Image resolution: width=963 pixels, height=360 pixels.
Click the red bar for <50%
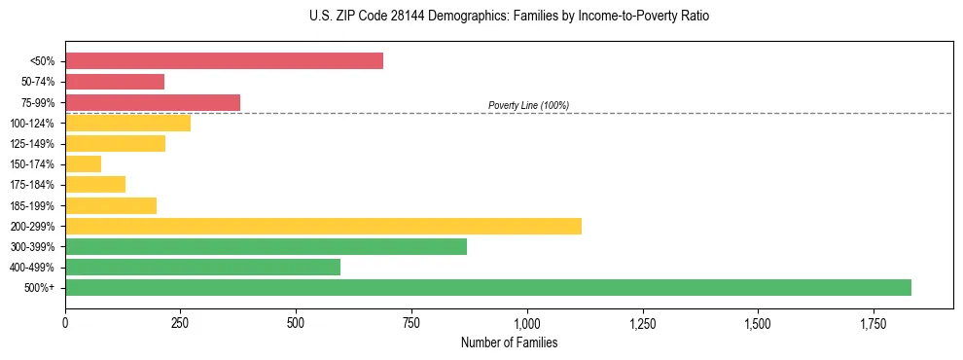click(224, 61)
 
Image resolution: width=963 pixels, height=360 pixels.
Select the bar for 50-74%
click(115, 82)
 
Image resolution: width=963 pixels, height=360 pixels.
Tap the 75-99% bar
click(153, 102)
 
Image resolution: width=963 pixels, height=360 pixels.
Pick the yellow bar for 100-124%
click(127, 123)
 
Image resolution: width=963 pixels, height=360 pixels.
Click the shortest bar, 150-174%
click(83, 164)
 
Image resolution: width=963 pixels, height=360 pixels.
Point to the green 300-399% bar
click(266, 246)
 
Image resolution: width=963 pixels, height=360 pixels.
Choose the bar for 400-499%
click(202, 267)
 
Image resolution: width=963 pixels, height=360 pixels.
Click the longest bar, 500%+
click(487, 287)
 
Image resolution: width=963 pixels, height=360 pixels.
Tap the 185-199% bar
click(111, 205)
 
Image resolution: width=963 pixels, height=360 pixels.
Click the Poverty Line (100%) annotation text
click(528, 105)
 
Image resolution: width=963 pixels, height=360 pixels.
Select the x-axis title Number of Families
click(509, 342)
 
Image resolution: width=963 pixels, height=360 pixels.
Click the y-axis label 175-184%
click(32, 185)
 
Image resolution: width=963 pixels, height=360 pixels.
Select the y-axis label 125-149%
click(32, 144)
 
